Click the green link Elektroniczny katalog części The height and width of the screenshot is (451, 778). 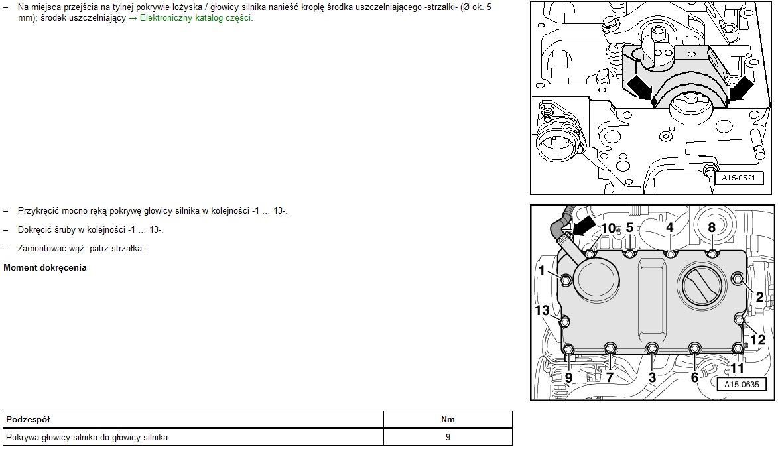click(196, 18)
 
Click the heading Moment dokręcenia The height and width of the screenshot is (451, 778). click(45, 268)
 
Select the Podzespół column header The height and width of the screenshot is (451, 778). click(28, 420)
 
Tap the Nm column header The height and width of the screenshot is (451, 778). click(448, 420)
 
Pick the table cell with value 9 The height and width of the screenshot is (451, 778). click(448, 438)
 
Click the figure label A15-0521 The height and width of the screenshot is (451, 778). click(738, 178)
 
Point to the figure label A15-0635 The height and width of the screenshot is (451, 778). click(742, 385)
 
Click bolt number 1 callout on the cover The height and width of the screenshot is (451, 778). click(542, 271)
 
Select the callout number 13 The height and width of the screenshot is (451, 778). click(542, 310)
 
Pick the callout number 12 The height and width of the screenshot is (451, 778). click(757, 340)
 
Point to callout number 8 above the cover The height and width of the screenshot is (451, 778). click(712, 227)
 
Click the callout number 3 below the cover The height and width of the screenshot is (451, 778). click(652, 377)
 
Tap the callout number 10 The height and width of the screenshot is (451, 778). click(608, 228)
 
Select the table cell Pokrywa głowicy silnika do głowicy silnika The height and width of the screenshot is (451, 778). click(87, 438)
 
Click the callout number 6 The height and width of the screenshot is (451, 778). click(694, 377)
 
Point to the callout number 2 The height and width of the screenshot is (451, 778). click(759, 296)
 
